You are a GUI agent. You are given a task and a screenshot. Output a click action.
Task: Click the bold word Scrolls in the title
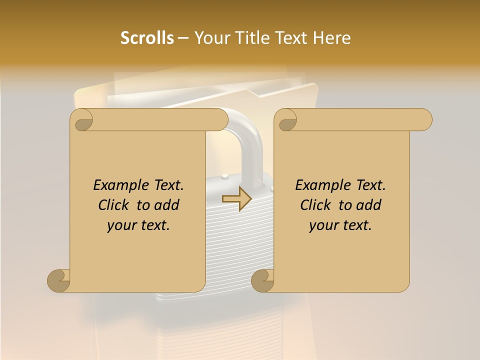[147, 38]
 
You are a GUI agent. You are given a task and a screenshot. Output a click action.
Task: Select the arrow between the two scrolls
[237, 198]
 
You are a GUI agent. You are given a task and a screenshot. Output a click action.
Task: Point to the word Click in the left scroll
[114, 205]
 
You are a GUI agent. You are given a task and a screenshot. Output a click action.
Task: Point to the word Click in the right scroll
[316, 205]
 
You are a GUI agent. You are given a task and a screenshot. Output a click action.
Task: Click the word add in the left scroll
[166, 205]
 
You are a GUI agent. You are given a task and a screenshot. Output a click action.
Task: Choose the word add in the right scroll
[368, 205]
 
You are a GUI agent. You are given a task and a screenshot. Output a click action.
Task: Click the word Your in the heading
[208, 38]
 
